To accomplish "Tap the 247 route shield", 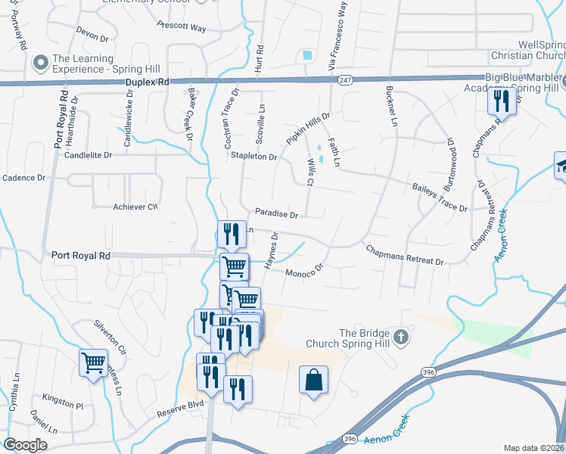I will tap(346, 80).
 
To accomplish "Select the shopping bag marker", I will tap(313, 381).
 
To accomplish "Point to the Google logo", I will tap(25, 444).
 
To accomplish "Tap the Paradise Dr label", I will tap(276, 214).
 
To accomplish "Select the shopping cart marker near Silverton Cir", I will tap(93, 363).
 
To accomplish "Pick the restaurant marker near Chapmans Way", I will tap(501, 100).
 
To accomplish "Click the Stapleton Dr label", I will tap(254, 157).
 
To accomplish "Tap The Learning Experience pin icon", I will tap(40, 61).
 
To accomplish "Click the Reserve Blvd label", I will tap(181, 413).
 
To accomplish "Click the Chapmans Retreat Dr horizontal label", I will tap(404, 254).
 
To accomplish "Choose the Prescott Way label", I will tap(182, 28).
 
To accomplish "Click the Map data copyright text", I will tap(534, 448).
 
